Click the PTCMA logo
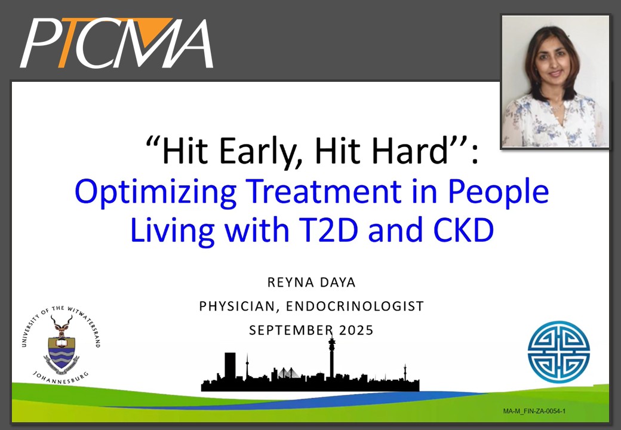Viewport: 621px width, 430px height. click(x=117, y=43)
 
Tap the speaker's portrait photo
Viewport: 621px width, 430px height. click(x=555, y=82)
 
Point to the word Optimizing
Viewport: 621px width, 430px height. click(x=156, y=192)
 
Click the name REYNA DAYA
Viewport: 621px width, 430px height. click(x=311, y=282)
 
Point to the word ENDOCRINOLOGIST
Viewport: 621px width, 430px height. click(x=355, y=306)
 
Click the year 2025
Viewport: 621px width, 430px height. click(x=356, y=330)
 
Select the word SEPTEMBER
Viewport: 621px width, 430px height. click(x=291, y=330)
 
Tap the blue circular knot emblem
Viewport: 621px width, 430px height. click(x=559, y=352)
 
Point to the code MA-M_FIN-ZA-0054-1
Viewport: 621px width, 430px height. click(x=534, y=411)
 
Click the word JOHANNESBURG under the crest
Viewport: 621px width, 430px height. click(x=60, y=379)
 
